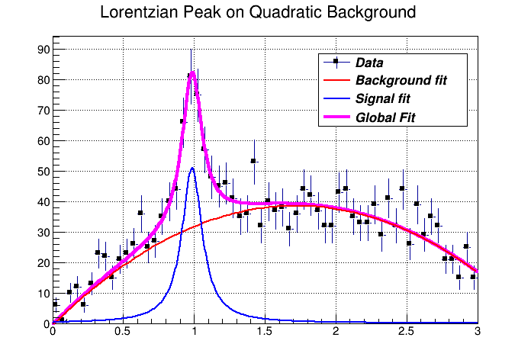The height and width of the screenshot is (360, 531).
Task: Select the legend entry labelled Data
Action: (x=369, y=63)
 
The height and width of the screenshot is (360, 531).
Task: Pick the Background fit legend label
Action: (x=401, y=80)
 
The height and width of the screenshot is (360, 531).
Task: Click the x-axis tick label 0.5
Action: (x=123, y=333)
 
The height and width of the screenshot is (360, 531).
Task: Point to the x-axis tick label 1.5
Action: (x=265, y=333)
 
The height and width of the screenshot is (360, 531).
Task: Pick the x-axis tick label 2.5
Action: (x=407, y=333)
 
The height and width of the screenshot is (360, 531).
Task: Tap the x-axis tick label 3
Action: (x=477, y=333)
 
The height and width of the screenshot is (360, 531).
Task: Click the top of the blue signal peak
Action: (x=193, y=169)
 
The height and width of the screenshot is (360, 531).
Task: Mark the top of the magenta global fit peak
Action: (x=193, y=72)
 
